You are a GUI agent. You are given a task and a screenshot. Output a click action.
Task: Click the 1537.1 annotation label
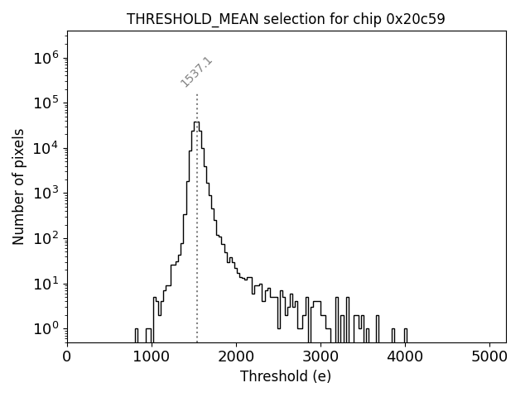click(x=197, y=72)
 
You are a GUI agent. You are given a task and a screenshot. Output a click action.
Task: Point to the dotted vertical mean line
click(x=197, y=248)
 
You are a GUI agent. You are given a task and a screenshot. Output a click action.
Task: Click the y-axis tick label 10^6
click(x=44, y=59)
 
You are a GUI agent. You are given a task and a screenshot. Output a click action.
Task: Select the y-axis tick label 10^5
click(x=44, y=103)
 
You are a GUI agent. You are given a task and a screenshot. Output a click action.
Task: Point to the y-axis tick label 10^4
click(x=44, y=149)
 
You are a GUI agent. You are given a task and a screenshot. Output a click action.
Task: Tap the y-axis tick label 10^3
click(x=44, y=194)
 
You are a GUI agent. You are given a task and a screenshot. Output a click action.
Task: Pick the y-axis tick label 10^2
click(x=44, y=239)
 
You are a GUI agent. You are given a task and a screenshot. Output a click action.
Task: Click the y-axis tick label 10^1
click(x=44, y=284)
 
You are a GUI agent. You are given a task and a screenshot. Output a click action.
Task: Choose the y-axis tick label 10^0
click(x=44, y=329)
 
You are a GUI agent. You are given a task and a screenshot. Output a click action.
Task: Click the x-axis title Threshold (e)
click(x=286, y=376)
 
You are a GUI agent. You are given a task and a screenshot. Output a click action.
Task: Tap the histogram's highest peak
click(x=196, y=122)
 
